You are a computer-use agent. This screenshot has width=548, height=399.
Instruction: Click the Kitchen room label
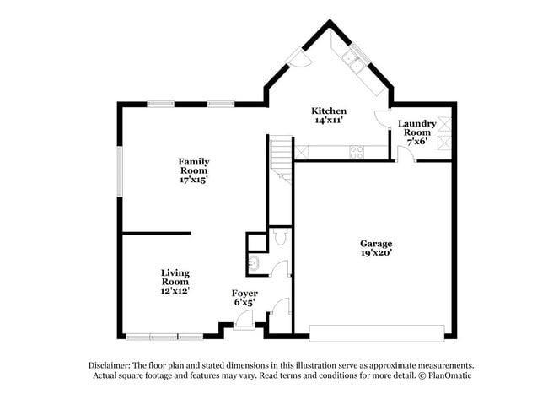coord(329,116)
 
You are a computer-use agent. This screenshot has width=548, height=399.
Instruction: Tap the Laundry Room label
coord(416,132)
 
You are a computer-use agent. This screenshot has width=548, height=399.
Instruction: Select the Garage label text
coord(375,248)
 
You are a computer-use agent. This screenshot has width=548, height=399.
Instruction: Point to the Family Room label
coord(193,170)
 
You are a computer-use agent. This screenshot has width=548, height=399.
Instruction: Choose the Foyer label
coord(244,297)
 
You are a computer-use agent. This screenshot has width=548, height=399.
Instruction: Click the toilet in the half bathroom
coord(282,237)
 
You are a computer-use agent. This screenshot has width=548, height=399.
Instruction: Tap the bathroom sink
coord(255,262)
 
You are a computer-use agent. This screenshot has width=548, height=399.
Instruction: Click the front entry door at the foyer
coord(244,320)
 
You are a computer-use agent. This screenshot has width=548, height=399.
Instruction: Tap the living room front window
coord(164,337)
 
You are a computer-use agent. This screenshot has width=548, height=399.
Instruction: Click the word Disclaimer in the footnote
coord(111,364)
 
